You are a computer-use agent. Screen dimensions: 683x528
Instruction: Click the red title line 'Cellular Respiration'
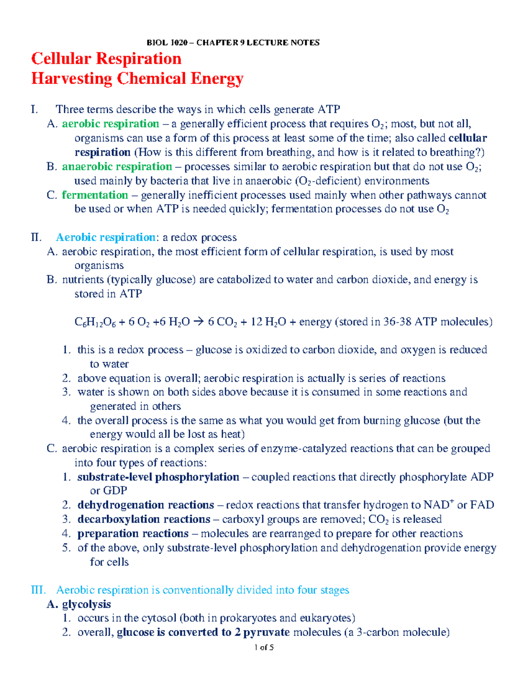point(106,58)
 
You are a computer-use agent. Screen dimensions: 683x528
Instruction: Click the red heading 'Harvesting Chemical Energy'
point(137,79)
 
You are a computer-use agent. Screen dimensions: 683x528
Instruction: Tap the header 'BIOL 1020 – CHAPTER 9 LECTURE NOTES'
point(233,43)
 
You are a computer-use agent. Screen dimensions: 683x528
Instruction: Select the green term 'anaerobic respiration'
point(117,167)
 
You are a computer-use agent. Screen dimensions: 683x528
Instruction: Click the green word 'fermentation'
point(95,195)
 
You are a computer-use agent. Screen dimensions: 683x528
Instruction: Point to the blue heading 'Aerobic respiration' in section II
point(106,237)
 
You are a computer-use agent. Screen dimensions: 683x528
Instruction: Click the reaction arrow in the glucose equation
point(199,322)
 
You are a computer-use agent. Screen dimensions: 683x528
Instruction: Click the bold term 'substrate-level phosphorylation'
point(158,477)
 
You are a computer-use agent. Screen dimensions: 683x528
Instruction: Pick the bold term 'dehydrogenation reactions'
point(146,505)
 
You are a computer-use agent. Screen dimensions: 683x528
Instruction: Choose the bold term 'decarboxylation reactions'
point(144,519)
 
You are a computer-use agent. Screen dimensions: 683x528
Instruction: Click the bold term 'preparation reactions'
point(133,533)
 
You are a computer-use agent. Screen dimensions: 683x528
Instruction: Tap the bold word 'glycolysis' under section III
point(86,604)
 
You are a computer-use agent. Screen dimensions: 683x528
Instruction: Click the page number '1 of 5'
point(264,647)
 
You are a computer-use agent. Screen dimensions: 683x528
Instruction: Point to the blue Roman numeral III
point(38,590)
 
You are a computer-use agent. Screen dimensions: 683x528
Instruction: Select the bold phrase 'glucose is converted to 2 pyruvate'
point(203,632)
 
